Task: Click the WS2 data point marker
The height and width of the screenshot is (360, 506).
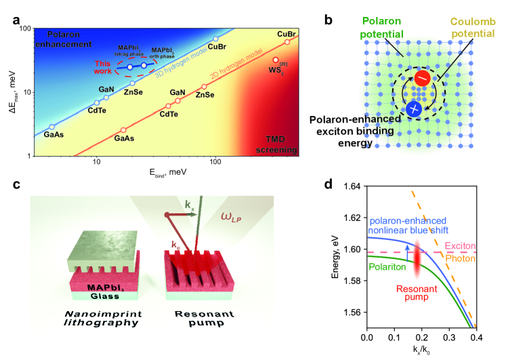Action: pyautogui.click(x=276, y=60)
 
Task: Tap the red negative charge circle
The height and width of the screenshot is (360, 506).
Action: pyautogui.click(x=421, y=79)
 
